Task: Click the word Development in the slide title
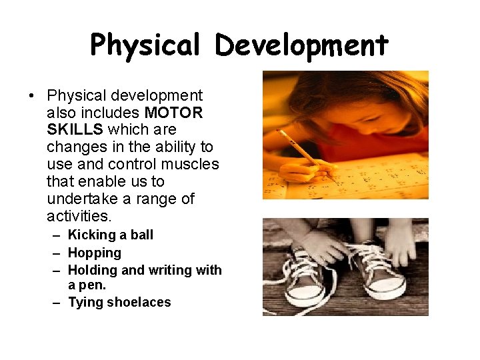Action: pos(301,45)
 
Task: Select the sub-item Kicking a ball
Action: pos(111,235)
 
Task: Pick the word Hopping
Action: pos(95,253)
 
